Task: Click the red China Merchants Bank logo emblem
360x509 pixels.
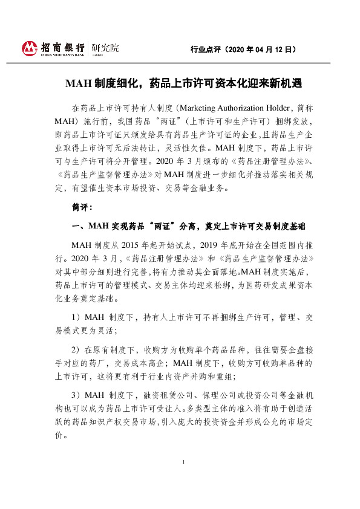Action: (x=29, y=47)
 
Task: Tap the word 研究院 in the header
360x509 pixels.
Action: (x=105, y=47)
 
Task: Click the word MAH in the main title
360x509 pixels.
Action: (x=79, y=84)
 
